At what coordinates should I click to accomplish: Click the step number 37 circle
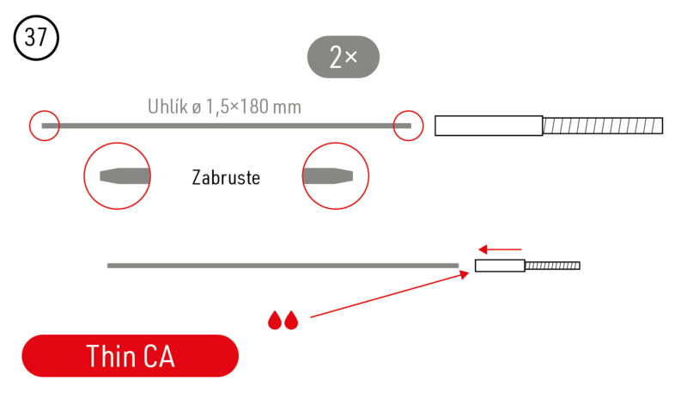point(36,38)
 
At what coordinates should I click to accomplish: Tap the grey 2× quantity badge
point(343,57)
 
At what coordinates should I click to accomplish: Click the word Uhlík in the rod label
point(167,107)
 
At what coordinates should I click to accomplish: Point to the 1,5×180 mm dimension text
point(253,107)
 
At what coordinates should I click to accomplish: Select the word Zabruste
point(225,178)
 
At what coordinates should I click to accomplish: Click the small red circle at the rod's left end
point(44,126)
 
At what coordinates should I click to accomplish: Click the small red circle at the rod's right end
point(408,126)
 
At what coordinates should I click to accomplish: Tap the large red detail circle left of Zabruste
point(118,176)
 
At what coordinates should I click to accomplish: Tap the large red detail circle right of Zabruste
point(335,176)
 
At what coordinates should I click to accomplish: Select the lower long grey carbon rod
point(283,266)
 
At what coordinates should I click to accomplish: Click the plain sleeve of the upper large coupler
point(489,126)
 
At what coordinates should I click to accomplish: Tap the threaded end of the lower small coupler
point(552,266)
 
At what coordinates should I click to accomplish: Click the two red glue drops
point(283,320)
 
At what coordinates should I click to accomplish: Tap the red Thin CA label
point(130,356)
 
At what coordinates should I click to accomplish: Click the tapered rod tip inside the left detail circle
point(125,176)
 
